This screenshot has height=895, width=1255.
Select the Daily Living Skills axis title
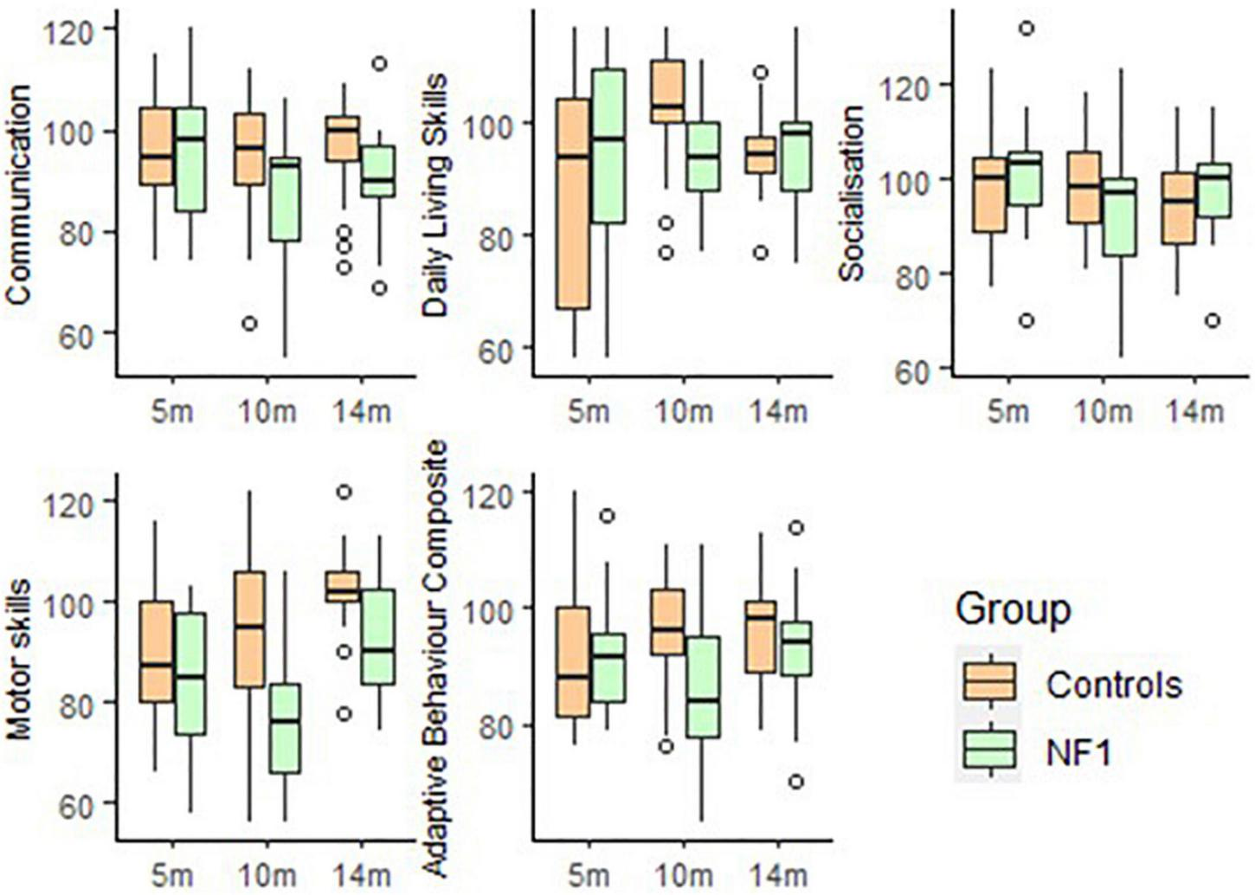click(x=438, y=194)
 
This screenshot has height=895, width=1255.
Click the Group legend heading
click(x=1012, y=610)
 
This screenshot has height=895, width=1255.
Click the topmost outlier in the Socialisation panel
click(x=1027, y=29)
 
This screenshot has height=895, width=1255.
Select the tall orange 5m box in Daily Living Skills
click(x=572, y=203)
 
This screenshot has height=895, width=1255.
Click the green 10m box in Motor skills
click(x=285, y=728)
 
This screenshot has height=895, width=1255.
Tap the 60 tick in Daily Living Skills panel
click(x=492, y=349)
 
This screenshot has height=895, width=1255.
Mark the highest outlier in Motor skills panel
click(x=344, y=492)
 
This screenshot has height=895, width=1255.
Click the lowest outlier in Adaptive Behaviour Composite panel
click(x=796, y=782)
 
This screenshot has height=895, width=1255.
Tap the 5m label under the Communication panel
click(x=172, y=411)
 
